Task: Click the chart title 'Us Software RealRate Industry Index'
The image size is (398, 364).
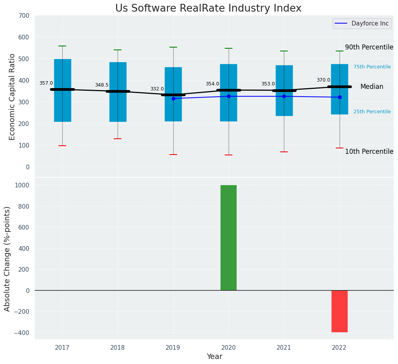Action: pos(208,9)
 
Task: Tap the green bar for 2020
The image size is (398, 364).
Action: pos(229,238)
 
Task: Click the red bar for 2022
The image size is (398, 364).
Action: pos(340,311)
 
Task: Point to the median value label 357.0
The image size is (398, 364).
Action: pos(46,83)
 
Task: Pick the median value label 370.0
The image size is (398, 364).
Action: pos(323,80)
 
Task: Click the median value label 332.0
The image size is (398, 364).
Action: pos(157,89)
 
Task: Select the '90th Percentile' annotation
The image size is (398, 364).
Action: pos(369,47)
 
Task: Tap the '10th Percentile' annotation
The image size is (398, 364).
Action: pos(369,151)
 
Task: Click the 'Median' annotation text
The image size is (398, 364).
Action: pos(372,87)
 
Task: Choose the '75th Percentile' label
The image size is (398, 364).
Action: pos(372,67)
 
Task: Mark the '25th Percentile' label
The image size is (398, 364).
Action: pos(372,112)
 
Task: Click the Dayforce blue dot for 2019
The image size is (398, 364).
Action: pos(173,99)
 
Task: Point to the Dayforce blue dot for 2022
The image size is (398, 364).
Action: pos(340,97)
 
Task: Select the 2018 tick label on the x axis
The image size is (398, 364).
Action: pos(118,347)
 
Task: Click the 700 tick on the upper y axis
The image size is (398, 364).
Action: pos(24,16)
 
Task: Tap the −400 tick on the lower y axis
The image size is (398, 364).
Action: pos(22,333)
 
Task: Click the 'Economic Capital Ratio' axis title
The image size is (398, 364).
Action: pos(12,97)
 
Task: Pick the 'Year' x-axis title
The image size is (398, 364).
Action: pos(214,357)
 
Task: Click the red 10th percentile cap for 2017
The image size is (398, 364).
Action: pos(62,146)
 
